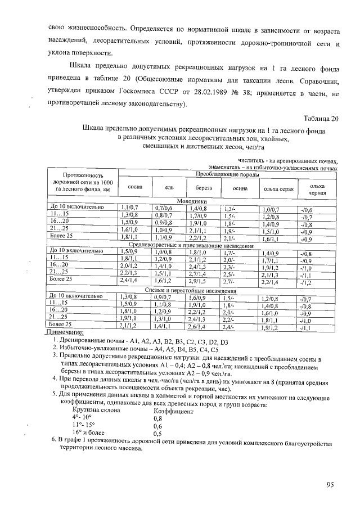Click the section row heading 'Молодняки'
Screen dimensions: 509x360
192,201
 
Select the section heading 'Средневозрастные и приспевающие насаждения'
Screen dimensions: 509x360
192,246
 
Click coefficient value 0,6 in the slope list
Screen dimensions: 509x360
158,426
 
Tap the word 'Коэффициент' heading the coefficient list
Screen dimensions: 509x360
173,412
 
